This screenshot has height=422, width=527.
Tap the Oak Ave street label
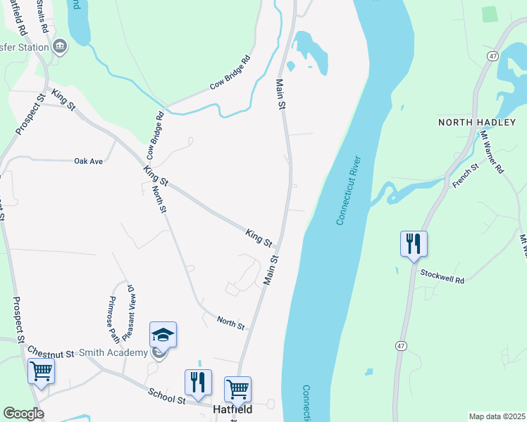pyautogui.click(x=89, y=161)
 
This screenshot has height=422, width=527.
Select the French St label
pyautogui.click(x=465, y=175)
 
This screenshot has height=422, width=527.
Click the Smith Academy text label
pyautogui.click(x=113, y=352)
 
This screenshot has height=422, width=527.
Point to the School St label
pyautogui.click(x=166, y=397)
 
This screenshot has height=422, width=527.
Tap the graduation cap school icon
pyautogui.click(x=163, y=335)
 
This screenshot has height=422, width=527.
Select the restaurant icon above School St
pyautogui.click(x=198, y=382)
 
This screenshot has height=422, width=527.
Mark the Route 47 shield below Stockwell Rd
pyautogui.click(x=401, y=346)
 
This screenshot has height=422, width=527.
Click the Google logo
pyautogui.click(x=23, y=414)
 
